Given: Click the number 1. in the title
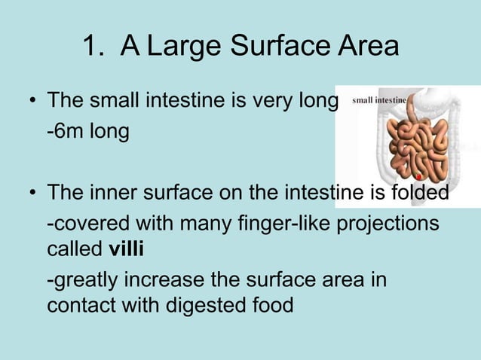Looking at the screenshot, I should coord(96,47).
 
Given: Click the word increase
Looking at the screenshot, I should coord(158,281).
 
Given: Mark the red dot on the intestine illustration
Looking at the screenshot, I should coord(418,178).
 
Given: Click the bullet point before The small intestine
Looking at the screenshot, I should coord(33,101).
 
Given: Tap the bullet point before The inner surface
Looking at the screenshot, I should coord(33,194).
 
